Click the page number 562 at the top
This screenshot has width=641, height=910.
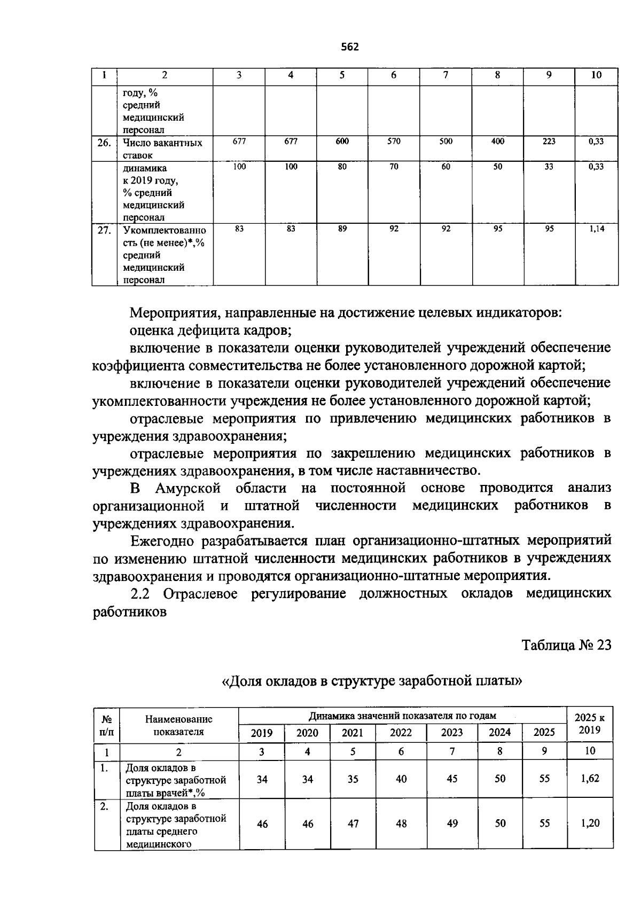tap(350, 47)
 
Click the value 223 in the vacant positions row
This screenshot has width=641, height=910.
tap(549, 142)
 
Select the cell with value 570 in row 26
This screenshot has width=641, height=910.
tap(394, 142)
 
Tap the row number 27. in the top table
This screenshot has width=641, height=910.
tap(104, 230)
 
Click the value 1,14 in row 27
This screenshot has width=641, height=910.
tap(596, 229)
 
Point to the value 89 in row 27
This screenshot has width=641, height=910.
tap(342, 229)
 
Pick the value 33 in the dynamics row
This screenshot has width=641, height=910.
tap(549, 167)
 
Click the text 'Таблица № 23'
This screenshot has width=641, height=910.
tap(566, 645)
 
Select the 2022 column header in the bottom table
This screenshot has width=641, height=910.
tap(401, 733)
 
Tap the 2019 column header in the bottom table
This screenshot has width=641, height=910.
tap(262, 733)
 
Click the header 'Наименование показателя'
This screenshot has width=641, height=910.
tap(178, 726)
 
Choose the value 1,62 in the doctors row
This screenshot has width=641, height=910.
tap(590, 778)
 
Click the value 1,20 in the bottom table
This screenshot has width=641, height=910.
tap(590, 823)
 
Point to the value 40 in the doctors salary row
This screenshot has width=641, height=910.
tap(401, 779)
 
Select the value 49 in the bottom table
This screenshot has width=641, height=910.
tap(452, 823)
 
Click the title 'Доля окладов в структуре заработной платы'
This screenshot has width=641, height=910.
tap(371, 681)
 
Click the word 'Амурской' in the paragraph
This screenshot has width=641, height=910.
tap(187, 488)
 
